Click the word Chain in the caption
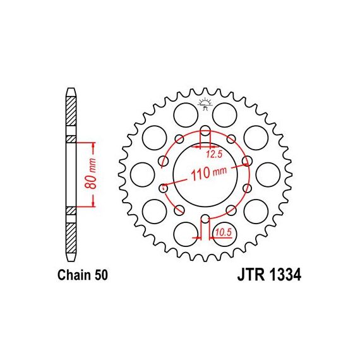[74, 275]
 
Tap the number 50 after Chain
[100, 275]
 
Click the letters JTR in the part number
[251, 275]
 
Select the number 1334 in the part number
[284, 275]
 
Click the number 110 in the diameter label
[200, 174]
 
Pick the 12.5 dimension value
[214, 154]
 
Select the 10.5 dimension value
[224, 233]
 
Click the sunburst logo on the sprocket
[205, 104]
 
